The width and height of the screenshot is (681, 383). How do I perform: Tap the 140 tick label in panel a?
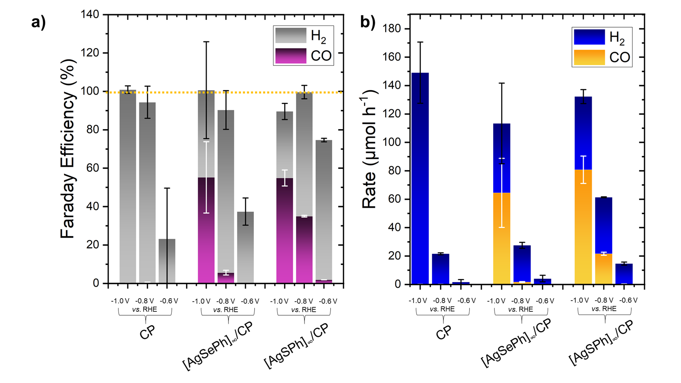click(90, 14)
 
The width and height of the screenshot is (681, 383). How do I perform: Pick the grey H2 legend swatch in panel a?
click(291, 35)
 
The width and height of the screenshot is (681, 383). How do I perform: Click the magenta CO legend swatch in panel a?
click(291, 56)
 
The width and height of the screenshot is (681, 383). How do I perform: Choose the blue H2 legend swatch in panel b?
click(589, 37)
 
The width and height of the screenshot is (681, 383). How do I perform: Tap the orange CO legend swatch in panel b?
click(589, 57)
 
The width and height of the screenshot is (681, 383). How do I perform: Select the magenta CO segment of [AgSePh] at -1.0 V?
click(206, 230)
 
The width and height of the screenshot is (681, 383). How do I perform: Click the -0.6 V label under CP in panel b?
click(467, 301)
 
